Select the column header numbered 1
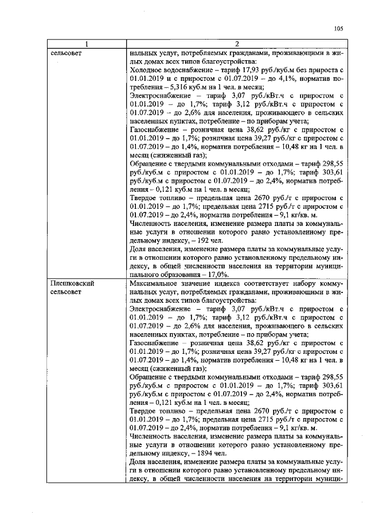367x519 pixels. click(87, 45)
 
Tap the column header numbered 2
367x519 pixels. click(236, 45)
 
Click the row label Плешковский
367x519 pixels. click(72, 283)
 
